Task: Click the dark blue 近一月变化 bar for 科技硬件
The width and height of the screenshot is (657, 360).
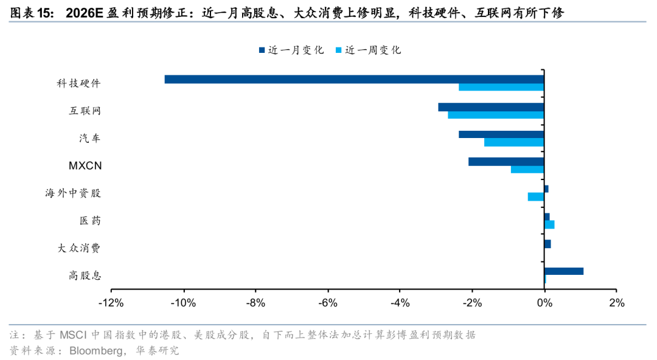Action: pyautogui.click(x=354, y=79)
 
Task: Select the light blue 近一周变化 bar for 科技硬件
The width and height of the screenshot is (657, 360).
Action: pyautogui.click(x=501, y=87)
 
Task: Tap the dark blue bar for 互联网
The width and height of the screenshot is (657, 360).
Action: pyautogui.click(x=491, y=107)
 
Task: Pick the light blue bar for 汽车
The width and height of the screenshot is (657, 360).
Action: pyautogui.click(x=514, y=142)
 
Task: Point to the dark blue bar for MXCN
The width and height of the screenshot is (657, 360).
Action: pyautogui.click(x=506, y=162)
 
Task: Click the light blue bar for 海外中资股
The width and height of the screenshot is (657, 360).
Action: pyautogui.click(x=536, y=196)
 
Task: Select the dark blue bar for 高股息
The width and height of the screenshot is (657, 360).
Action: pyautogui.click(x=564, y=271)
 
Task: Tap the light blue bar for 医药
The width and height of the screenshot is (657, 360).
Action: pyautogui.click(x=549, y=224)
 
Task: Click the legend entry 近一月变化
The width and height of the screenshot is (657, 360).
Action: pyautogui.click(x=291, y=50)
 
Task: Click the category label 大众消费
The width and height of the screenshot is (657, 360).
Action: pyautogui.click(x=79, y=248)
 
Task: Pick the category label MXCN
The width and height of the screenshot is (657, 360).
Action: pyautogui.click(x=85, y=165)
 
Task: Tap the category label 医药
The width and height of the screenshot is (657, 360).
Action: pyautogui.click(x=90, y=221)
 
